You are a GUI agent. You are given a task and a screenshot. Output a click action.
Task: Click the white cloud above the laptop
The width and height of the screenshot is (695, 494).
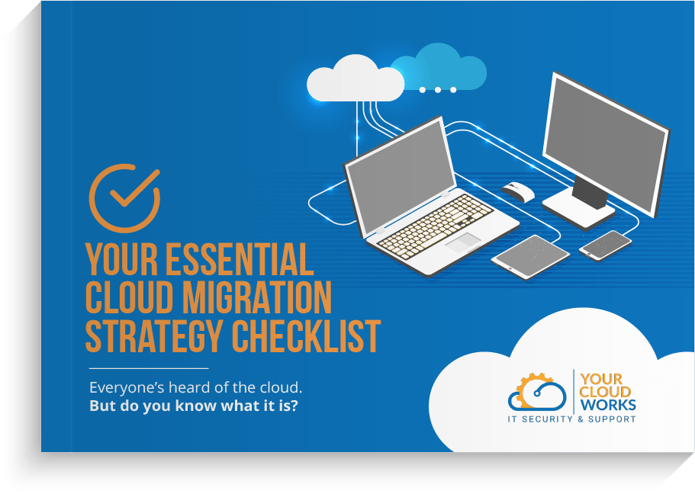point(355,81)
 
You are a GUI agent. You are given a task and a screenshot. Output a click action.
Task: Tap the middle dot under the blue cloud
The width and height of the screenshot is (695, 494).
point(437,90)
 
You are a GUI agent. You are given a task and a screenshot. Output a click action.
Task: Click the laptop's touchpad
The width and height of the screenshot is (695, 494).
point(463,242)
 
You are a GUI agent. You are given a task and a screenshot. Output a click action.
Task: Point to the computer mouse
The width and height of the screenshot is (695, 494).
point(518,192)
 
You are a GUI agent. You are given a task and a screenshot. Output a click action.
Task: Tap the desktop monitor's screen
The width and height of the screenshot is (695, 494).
point(606,144)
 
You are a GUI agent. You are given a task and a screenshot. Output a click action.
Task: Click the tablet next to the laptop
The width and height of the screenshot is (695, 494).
point(530,257)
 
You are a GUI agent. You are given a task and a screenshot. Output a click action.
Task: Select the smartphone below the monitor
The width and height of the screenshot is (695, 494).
point(605,245)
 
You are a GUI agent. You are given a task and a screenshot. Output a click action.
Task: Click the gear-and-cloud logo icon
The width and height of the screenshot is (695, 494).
point(537,392)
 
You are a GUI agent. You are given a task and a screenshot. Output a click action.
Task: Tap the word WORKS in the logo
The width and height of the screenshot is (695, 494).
point(608,405)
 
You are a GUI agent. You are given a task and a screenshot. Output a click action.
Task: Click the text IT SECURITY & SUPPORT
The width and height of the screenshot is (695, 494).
point(571,419)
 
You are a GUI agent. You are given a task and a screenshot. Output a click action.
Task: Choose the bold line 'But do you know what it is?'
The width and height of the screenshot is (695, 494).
point(194,406)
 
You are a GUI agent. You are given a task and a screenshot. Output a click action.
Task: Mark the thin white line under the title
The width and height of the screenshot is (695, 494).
point(149,368)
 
